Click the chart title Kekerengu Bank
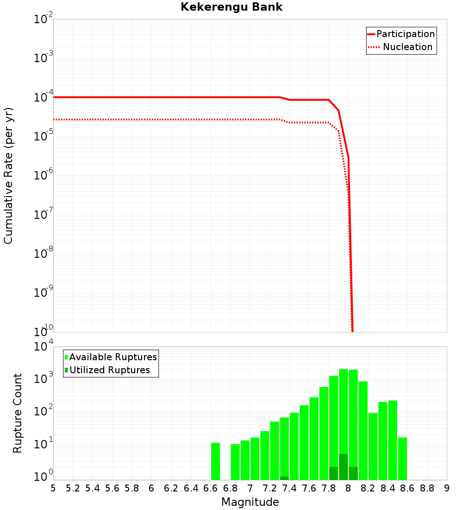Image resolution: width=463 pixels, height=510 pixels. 231,7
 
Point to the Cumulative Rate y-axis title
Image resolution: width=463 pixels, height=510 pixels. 8,176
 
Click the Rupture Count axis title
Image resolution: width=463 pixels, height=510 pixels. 18,413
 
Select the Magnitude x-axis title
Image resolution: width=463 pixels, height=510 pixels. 250,502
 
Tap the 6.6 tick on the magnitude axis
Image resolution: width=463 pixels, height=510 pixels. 210,488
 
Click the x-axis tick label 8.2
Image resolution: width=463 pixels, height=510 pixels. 368,488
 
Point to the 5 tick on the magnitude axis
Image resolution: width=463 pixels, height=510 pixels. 53,488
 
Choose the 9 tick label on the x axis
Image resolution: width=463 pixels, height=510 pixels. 447,488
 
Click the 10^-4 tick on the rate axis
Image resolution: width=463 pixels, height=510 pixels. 44,98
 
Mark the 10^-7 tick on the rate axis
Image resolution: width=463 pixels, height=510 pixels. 44,215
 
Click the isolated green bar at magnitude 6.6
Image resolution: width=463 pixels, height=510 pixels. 215,461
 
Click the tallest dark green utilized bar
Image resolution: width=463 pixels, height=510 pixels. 343,467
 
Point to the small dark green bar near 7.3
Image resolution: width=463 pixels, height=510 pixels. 284,478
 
